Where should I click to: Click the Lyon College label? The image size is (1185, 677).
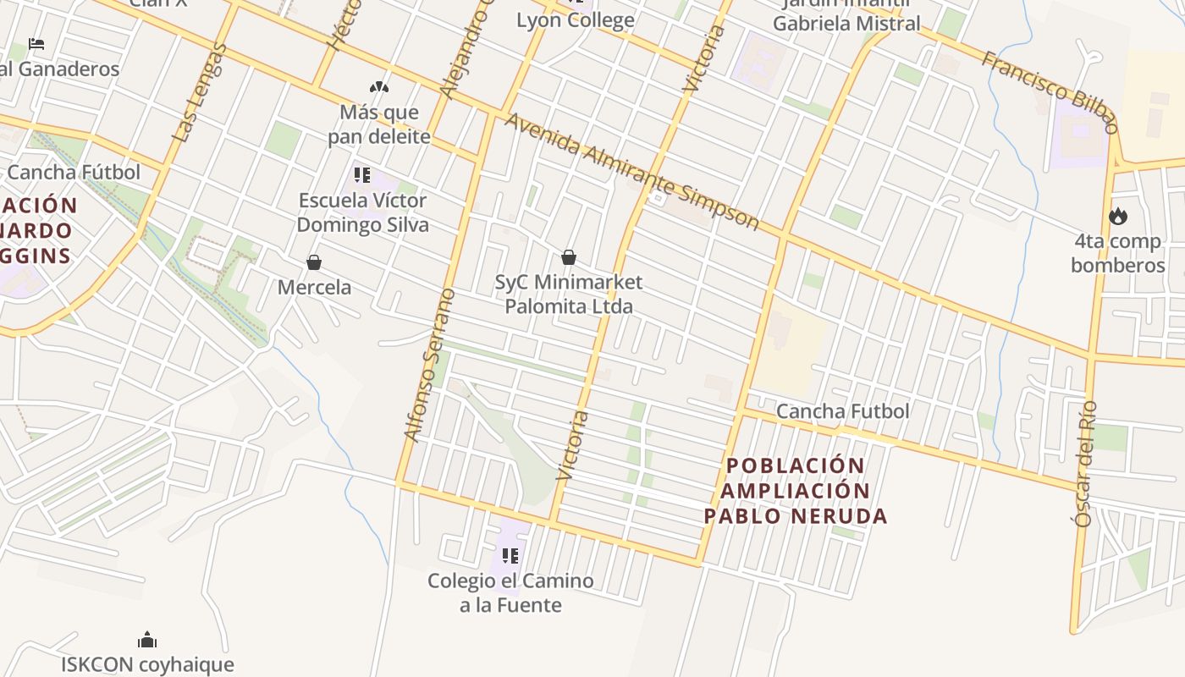(576, 20)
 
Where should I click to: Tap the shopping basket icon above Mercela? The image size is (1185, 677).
(314, 262)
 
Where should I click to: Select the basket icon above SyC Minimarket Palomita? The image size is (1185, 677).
(569, 257)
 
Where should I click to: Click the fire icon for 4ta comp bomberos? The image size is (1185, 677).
(1118, 217)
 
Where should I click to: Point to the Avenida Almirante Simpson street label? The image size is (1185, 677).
(631, 170)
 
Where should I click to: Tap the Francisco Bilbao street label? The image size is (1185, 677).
(1050, 91)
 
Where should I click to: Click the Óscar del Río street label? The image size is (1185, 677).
(1085, 464)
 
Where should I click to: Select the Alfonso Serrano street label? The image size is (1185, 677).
(430, 365)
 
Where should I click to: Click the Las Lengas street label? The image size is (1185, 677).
(200, 93)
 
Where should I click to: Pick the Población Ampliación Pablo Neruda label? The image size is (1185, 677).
(796, 491)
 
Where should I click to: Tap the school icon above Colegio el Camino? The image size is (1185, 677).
(510, 556)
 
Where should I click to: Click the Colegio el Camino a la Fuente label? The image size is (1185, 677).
(510, 592)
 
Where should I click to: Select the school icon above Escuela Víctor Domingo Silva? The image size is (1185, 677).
(362, 175)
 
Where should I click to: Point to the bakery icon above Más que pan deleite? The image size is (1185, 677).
(378, 86)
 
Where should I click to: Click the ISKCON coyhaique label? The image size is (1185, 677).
(147, 664)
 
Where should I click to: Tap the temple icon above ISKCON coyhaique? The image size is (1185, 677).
(147, 639)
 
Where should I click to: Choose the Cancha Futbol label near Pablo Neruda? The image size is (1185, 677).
(842, 411)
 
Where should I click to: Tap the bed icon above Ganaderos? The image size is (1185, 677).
(36, 43)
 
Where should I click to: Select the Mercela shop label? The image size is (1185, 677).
(314, 287)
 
